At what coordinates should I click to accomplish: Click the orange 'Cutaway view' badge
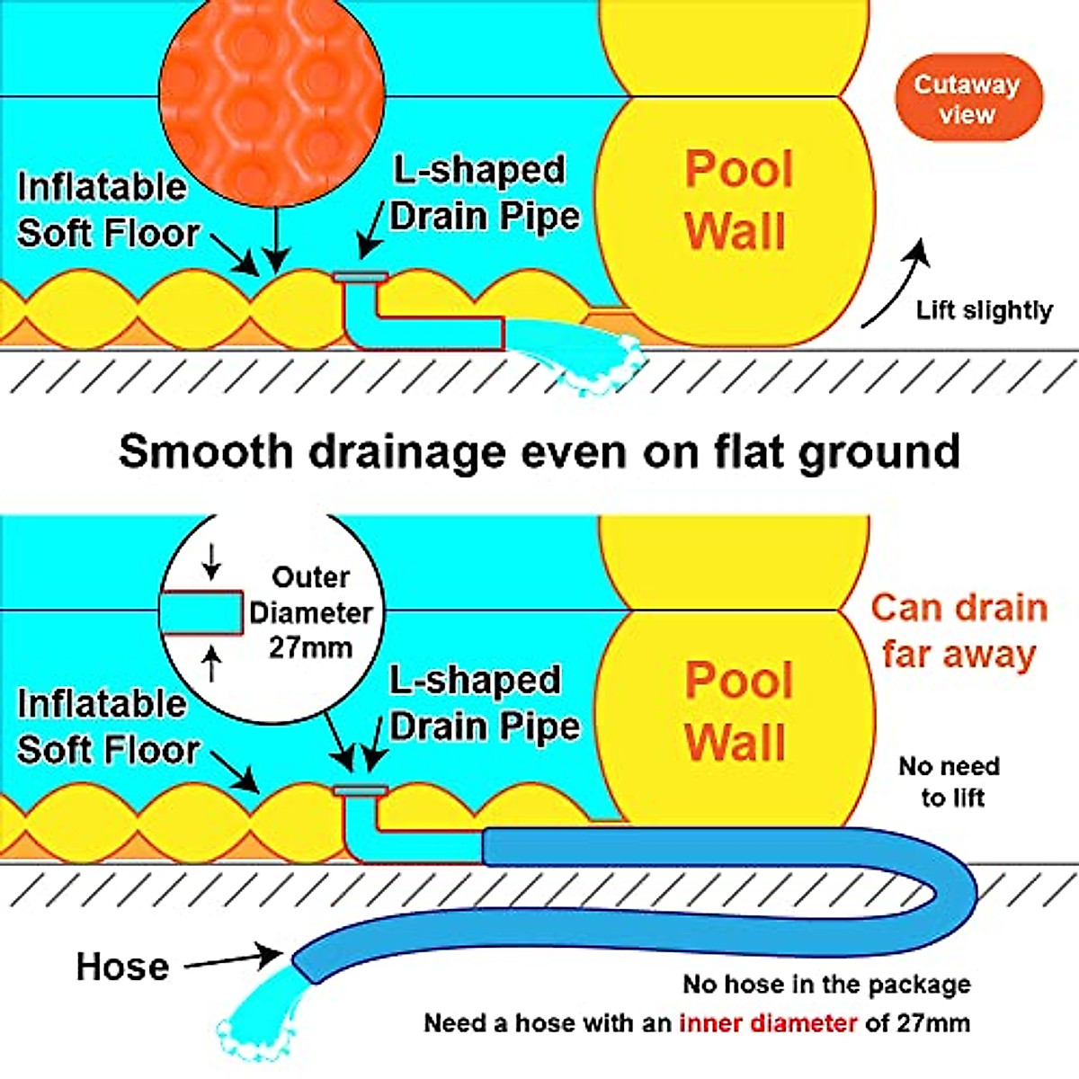click(x=968, y=98)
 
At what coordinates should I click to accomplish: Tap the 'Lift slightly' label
click(x=984, y=310)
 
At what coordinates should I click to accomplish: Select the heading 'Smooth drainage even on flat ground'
click(x=539, y=450)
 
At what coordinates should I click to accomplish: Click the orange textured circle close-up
click(x=272, y=99)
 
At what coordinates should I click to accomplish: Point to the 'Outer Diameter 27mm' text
click(x=310, y=612)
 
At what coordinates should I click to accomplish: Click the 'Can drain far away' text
click(x=959, y=631)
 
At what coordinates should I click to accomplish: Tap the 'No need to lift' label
click(x=950, y=781)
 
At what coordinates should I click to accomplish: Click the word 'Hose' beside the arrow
click(x=122, y=967)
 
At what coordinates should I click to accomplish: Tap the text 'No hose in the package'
click(x=826, y=984)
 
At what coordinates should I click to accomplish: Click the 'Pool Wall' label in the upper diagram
click(x=738, y=200)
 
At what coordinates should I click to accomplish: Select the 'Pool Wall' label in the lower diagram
click(x=738, y=711)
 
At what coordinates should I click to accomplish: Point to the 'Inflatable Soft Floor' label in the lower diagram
click(x=107, y=726)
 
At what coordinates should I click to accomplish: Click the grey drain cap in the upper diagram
click(x=361, y=277)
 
